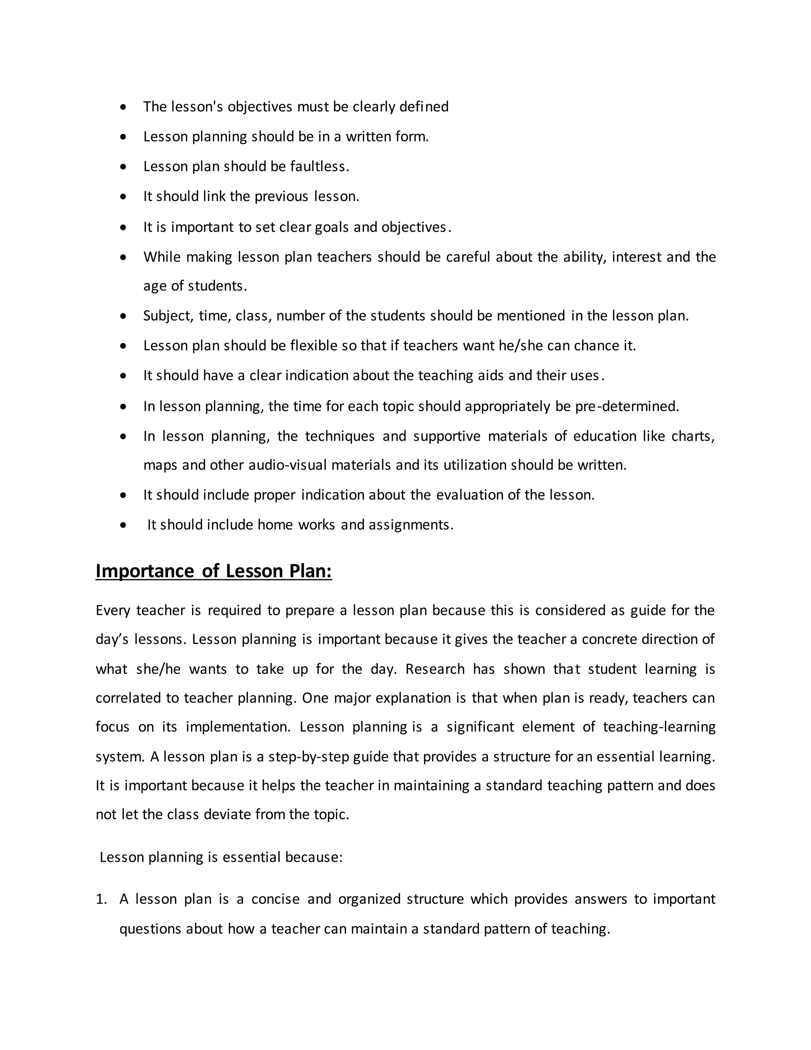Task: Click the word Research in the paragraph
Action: (435, 669)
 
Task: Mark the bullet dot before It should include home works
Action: (124, 525)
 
